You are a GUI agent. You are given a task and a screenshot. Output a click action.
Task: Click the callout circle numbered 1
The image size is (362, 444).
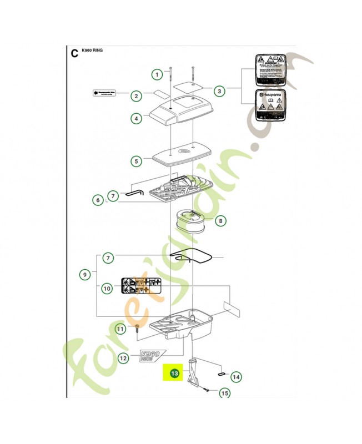(x=157, y=74)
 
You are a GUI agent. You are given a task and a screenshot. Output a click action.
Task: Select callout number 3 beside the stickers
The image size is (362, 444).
(x=219, y=90)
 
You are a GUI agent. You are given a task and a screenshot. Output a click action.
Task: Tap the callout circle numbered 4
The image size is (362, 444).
(x=135, y=118)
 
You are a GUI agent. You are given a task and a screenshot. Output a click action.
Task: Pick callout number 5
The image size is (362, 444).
(x=135, y=162)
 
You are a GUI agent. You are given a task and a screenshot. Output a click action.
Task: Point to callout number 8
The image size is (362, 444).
(x=220, y=221)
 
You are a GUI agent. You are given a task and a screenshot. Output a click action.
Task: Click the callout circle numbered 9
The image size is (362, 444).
(x=85, y=274)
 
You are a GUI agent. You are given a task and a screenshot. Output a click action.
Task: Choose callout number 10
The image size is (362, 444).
(x=107, y=288)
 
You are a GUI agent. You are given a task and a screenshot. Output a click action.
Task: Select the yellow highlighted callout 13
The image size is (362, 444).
(x=174, y=374)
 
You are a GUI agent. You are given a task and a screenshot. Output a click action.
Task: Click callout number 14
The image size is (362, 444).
(x=237, y=377)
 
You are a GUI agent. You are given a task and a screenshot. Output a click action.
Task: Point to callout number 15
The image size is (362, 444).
(x=224, y=393)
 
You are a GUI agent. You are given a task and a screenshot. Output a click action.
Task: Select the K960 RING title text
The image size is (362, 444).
(x=92, y=51)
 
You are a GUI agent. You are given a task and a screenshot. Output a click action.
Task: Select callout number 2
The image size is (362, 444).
(x=135, y=96)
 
